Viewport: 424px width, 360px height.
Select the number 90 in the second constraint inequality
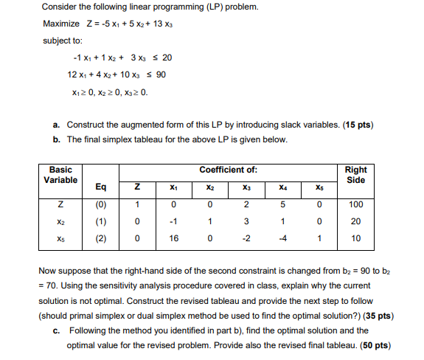pos(161,75)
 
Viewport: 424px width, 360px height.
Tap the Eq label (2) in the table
pos(100,238)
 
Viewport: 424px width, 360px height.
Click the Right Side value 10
pos(355,238)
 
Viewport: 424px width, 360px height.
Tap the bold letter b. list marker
pos(57,139)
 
